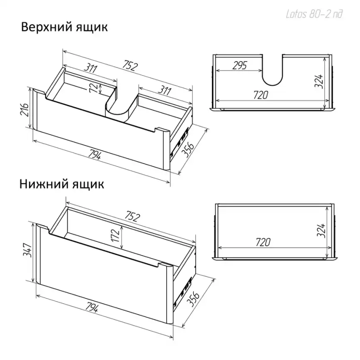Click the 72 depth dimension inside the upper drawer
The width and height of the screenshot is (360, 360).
(x=95, y=87)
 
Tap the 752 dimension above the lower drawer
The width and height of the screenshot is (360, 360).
(x=131, y=217)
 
